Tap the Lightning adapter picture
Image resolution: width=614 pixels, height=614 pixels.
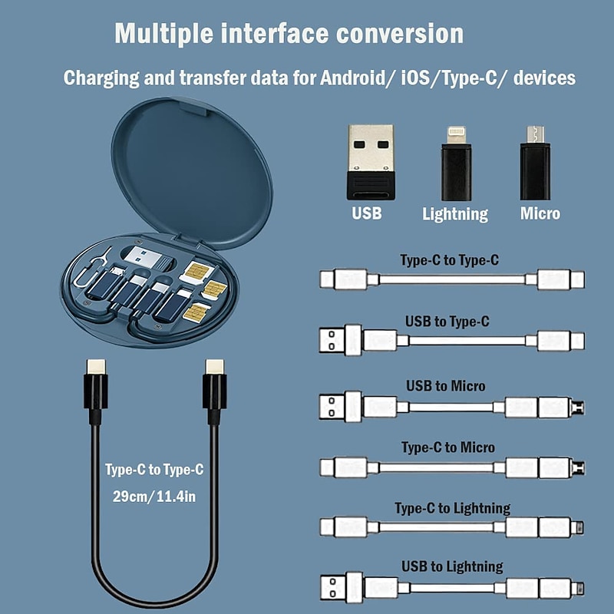click(x=454, y=163)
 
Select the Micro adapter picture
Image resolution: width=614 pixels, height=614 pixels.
click(x=535, y=163)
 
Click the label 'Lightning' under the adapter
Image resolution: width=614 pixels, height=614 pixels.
click(x=454, y=214)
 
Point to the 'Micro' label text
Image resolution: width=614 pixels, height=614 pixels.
click(x=540, y=213)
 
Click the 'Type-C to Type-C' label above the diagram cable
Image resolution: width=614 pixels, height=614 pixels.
click(x=449, y=260)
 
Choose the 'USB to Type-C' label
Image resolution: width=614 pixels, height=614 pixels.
click(x=447, y=322)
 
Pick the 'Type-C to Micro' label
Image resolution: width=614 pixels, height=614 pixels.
click(x=448, y=447)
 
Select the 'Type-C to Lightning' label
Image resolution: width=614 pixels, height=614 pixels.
click(x=452, y=508)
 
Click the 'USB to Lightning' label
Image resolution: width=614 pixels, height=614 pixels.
click(x=452, y=567)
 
